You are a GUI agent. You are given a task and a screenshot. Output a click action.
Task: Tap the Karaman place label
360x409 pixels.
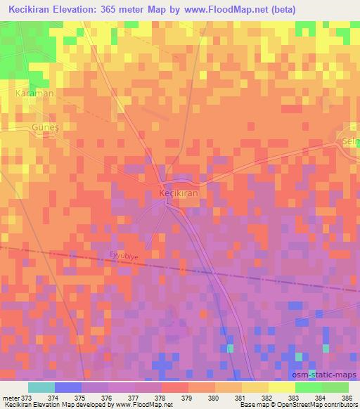(x=35, y=93)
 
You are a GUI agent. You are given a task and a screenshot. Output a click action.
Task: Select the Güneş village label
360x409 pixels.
(x=44, y=127)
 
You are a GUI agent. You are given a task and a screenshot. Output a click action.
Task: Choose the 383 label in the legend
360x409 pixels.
(x=295, y=397)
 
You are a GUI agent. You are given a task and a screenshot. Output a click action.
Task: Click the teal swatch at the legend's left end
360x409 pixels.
(x=41, y=387)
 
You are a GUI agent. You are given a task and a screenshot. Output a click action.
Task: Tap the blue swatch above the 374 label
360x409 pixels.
(x=68, y=387)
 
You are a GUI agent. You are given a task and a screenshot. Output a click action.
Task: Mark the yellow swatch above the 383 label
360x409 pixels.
(x=281, y=387)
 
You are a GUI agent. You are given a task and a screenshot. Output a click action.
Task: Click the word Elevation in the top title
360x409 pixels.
(x=76, y=9)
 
